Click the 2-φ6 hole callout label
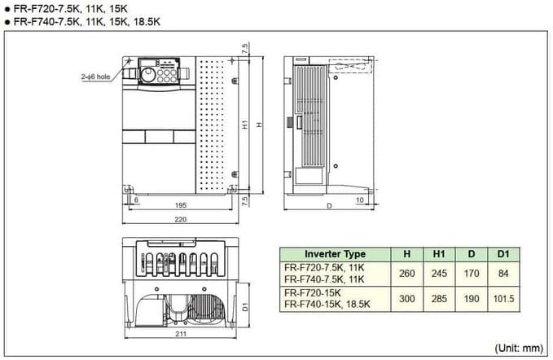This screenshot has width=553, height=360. (x=95, y=75)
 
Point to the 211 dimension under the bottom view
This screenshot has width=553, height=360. (x=178, y=335)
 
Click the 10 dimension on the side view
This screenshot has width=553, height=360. (x=359, y=199)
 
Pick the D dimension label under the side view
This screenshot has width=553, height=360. (x=329, y=207)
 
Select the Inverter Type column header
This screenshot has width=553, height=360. (x=335, y=254)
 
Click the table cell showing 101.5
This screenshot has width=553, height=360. (x=503, y=299)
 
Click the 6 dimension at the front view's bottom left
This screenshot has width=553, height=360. (x=135, y=199)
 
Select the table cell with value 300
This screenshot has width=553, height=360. (x=407, y=299)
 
